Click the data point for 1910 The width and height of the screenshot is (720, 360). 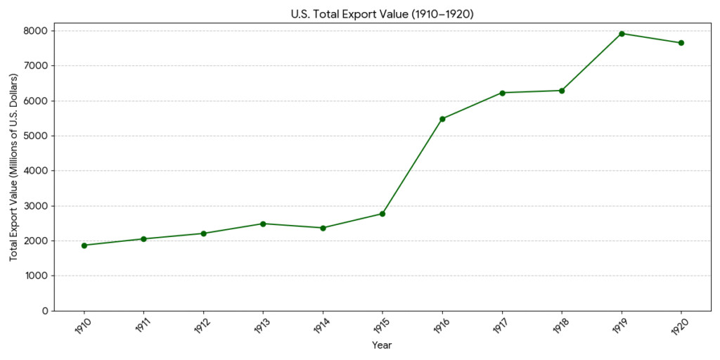(x=84, y=245)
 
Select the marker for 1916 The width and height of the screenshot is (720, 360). (x=442, y=119)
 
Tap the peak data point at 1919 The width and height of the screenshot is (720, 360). (x=622, y=34)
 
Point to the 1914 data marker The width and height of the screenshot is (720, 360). (x=323, y=228)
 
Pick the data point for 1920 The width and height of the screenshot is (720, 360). (x=681, y=43)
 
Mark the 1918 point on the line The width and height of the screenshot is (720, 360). (x=562, y=91)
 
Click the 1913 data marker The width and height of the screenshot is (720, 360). (x=263, y=224)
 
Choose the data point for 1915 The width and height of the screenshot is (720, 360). (x=382, y=214)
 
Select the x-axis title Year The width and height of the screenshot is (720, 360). (x=382, y=345)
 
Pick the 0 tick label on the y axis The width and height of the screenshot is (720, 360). (x=44, y=311)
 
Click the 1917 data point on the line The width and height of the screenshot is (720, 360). (x=502, y=93)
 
